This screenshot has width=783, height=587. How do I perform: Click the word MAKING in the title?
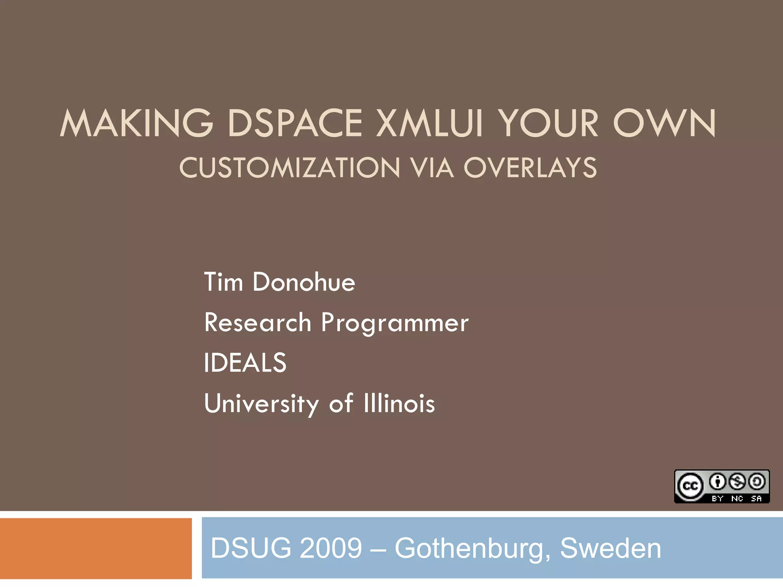pos(136,123)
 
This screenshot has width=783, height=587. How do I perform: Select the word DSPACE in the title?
pos(295,123)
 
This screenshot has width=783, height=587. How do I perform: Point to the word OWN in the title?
pos(664,123)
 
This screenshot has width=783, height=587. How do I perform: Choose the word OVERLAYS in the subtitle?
pos(530,168)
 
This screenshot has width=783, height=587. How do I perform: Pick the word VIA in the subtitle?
pos(432,168)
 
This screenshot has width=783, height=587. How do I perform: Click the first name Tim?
pos(223,282)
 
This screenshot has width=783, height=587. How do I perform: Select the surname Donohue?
pos(304,282)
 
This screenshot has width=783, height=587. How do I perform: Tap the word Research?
pos(258,323)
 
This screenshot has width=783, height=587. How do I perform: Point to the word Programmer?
pos(395,323)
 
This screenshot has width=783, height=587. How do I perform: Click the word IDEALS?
pos(245,363)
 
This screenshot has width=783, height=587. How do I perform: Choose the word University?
pos(262,404)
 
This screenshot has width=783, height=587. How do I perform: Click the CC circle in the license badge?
pos(690,486)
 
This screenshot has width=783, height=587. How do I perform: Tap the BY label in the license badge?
pos(717,498)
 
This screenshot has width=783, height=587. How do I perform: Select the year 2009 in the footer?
pos(331,548)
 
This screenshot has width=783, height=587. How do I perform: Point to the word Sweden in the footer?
pos(610,548)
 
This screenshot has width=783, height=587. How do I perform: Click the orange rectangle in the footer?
pos(96,548)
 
